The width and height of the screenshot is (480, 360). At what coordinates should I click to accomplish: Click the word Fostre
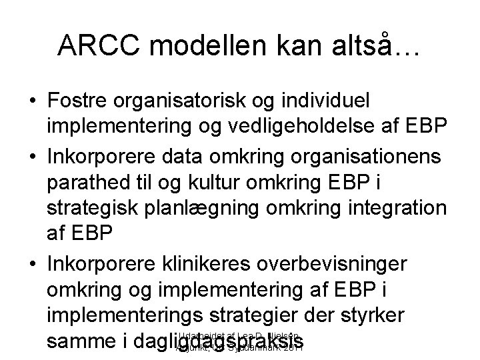(79, 103)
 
